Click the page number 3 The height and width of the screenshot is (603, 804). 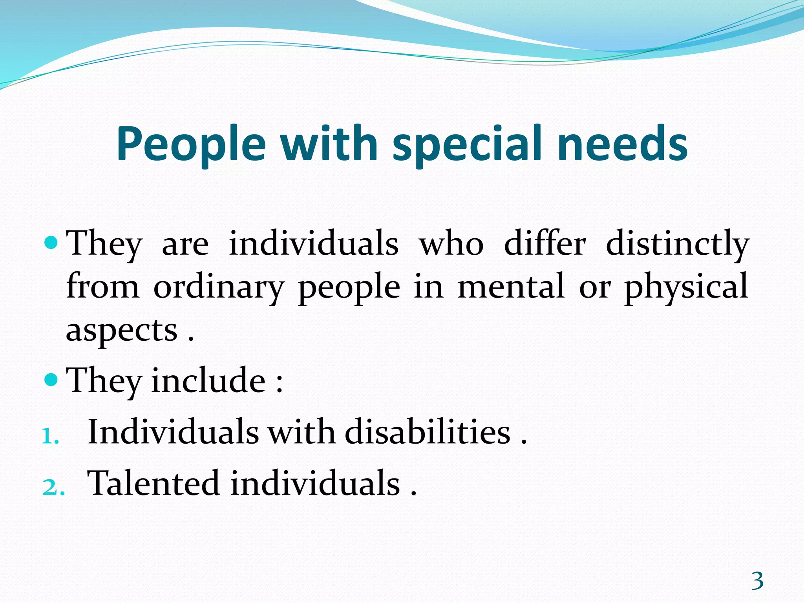[757, 581]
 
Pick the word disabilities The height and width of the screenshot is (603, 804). [428, 432]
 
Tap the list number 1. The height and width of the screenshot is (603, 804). [50, 436]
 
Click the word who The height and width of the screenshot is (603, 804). [451, 243]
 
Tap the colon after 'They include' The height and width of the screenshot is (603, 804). [279, 384]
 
